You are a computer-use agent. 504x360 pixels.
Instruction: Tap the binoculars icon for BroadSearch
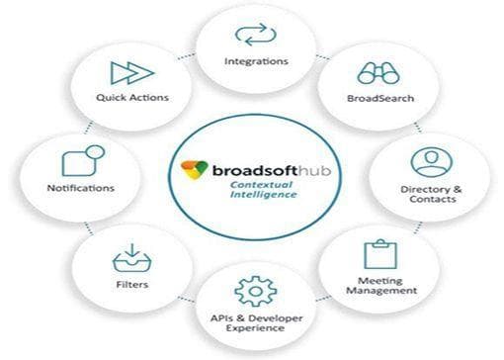378,73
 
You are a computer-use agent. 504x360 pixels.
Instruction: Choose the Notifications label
80,188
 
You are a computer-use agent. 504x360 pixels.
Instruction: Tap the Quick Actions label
132,98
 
